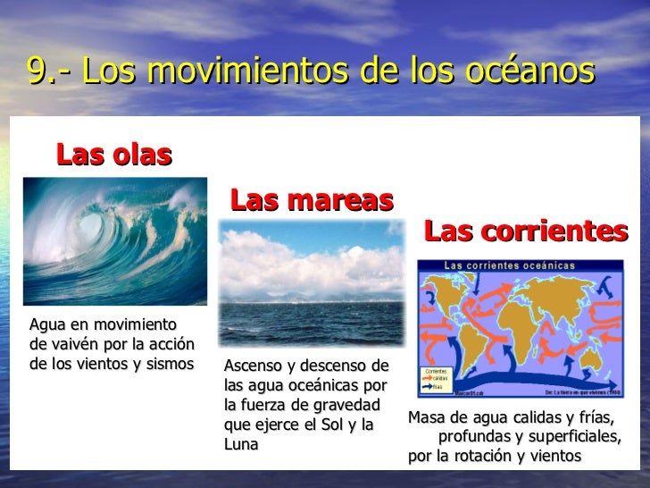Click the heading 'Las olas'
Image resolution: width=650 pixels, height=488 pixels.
click(x=113, y=155)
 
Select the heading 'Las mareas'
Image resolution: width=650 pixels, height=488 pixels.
click(x=312, y=199)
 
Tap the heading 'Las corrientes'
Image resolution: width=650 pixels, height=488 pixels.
click(x=526, y=231)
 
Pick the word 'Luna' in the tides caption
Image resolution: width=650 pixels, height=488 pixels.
click(x=240, y=443)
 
